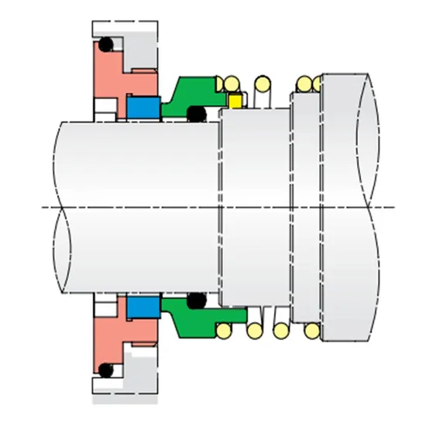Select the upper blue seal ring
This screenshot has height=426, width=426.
(143, 108)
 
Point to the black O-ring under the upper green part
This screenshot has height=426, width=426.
(197, 115)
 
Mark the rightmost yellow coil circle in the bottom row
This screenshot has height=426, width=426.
(311, 332)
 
